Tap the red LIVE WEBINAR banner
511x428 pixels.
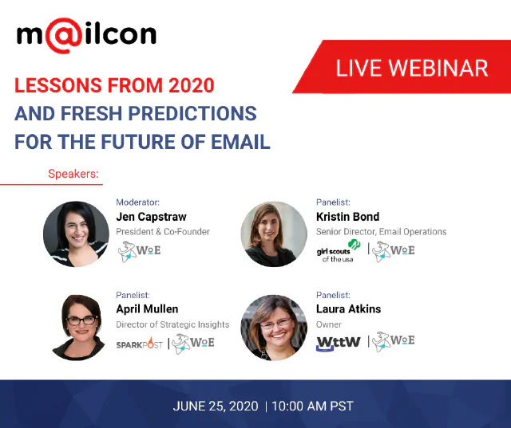pyautogui.click(x=411, y=67)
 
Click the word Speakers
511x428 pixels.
pyautogui.click(x=77, y=173)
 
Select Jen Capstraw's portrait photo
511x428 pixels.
pyautogui.click(x=76, y=234)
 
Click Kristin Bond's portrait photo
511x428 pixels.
pyautogui.click(x=274, y=234)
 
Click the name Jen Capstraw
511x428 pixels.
pyautogui.click(x=153, y=217)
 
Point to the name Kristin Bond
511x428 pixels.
pyautogui.click(x=348, y=217)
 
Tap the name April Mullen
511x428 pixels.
pyautogui.click(x=148, y=309)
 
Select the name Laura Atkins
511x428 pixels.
pyautogui.click(x=348, y=309)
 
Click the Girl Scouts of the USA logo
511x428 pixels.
pyautogui.click(x=339, y=251)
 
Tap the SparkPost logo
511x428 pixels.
pyautogui.click(x=140, y=344)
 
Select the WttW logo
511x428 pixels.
pyautogui.click(x=338, y=344)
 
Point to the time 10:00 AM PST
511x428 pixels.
pyautogui.click(x=312, y=406)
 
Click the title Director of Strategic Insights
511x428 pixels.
pyautogui.click(x=172, y=324)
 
